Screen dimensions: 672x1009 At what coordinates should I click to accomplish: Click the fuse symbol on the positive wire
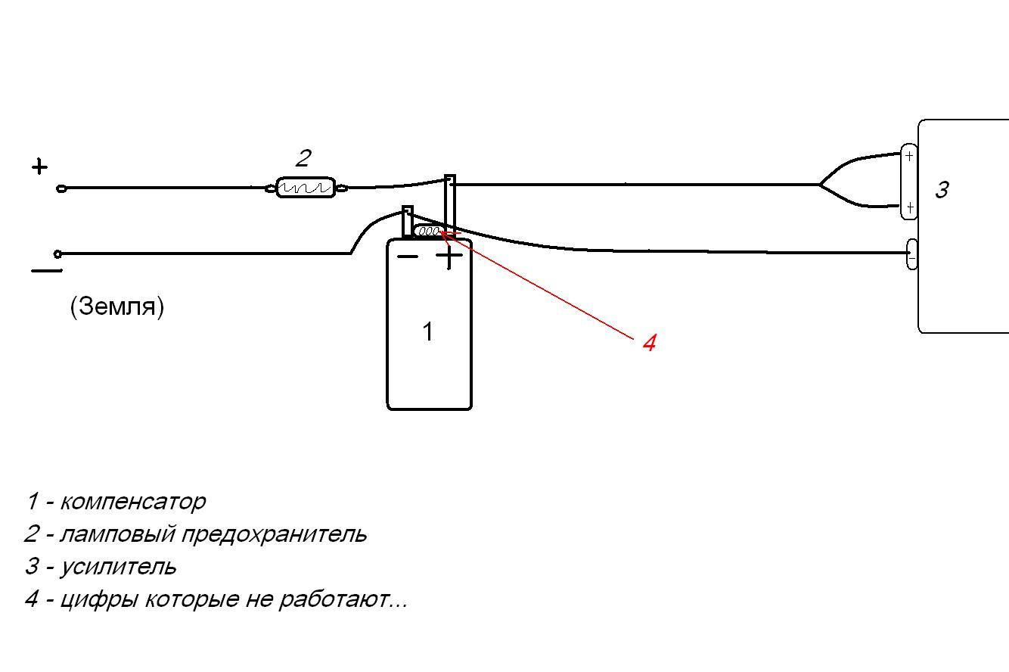(x=306, y=188)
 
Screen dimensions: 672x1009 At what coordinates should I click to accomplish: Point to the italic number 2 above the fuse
(x=303, y=158)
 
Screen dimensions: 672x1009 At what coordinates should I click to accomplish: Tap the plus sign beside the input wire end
(x=39, y=166)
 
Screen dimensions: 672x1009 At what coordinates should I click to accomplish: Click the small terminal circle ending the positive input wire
(x=61, y=188)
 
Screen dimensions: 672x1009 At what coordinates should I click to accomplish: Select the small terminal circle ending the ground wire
(x=57, y=254)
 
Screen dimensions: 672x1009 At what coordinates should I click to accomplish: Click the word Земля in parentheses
(x=117, y=307)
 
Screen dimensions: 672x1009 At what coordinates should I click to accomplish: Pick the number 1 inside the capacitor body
(x=427, y=331)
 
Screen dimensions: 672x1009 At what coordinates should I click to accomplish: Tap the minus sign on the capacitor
(x=408, y=257)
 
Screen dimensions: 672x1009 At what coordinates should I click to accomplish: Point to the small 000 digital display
(x=428, y=231)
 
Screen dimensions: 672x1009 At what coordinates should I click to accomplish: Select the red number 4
(x=649, y=343)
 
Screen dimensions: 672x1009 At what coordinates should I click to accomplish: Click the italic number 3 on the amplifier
(x=942, y=190)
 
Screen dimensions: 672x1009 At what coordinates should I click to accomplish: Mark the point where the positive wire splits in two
(x=820, y=184)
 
